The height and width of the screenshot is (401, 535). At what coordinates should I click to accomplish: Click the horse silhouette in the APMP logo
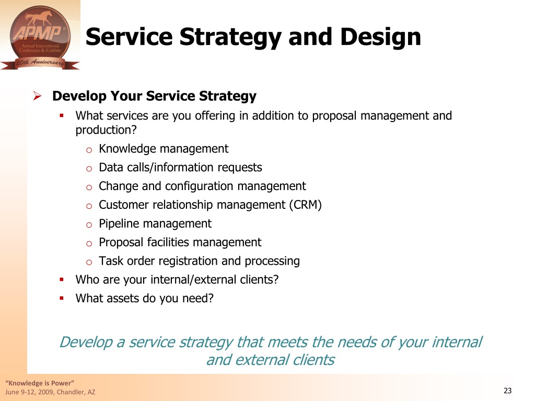point(39,19)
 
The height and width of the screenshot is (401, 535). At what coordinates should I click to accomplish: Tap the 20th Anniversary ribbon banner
point(40,63)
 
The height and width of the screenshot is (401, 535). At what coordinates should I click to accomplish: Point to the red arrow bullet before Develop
point(37,96)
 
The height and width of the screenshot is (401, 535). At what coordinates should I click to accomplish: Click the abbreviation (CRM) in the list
point(305,205)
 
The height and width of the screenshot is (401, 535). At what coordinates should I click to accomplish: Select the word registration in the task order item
point(188,261)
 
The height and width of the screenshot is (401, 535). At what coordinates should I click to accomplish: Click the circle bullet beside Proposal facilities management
point(89,243)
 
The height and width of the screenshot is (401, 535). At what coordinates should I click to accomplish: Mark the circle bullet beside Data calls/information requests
point(89,169)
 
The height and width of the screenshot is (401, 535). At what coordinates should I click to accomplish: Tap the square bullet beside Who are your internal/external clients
point(62,280)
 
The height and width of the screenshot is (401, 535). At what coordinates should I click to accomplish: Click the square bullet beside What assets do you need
point(62,298)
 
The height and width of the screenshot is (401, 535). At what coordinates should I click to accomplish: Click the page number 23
point(507,391)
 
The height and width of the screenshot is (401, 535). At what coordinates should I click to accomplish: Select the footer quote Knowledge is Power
point(40,383)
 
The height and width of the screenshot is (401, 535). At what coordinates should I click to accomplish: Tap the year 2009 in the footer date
point(46,392)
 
